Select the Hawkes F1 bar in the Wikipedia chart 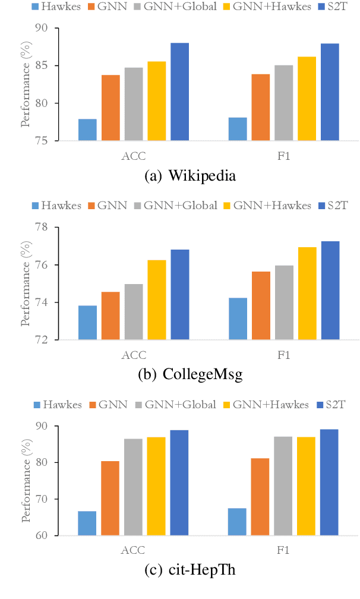click(x=238, y=129)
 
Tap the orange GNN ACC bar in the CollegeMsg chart click(x=110, y=316)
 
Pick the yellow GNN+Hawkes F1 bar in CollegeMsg click(x=307, y=293)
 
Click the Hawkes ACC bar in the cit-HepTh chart click(x=87, y=523)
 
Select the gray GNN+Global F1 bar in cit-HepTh click(x=283, y=485)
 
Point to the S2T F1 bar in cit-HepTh click(x=329, y=482)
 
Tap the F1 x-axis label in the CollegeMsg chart click(x=283, y=355)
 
